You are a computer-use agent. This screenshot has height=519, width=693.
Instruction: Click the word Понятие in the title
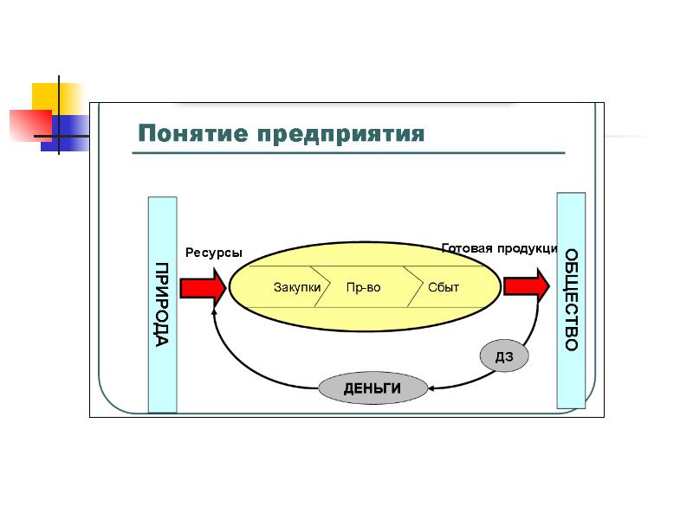192,133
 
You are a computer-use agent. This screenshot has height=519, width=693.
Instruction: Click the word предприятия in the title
340,134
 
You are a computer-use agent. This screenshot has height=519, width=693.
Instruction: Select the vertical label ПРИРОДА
162,304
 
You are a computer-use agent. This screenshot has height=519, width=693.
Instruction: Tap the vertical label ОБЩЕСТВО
572,300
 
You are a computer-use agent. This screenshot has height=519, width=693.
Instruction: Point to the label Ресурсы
214,253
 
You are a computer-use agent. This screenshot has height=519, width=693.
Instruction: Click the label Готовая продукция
500,248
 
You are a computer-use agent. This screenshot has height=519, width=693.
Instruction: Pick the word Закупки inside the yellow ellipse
297,287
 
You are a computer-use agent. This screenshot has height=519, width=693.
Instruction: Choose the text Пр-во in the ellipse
363,287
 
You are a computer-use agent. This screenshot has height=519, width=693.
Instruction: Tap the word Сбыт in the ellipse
444,287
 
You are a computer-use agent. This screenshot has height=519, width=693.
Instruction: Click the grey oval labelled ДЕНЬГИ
372,388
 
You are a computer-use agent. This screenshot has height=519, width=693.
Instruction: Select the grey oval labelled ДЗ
504,356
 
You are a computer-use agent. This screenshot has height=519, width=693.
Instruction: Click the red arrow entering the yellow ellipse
204,288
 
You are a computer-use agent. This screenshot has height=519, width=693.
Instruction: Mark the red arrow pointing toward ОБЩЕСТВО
527,286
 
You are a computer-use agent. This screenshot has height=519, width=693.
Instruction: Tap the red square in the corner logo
31,125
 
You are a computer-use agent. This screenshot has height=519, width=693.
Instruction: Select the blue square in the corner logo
67,133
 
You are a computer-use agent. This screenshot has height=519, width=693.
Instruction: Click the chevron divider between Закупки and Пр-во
321,286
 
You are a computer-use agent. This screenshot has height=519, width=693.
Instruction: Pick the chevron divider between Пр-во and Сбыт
414,286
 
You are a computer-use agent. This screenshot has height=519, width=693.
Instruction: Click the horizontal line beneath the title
349,153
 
